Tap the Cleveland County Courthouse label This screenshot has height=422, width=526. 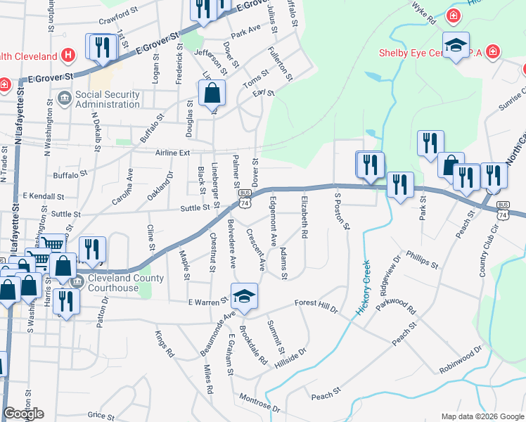126,283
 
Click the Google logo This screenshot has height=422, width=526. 23,414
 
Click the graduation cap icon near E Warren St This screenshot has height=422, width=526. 244,296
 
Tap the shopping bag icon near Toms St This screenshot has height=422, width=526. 212,92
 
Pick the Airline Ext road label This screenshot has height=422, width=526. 174,153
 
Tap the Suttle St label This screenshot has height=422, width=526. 196,207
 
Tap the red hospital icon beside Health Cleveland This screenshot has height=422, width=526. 68,55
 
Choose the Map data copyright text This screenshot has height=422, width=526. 481,416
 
